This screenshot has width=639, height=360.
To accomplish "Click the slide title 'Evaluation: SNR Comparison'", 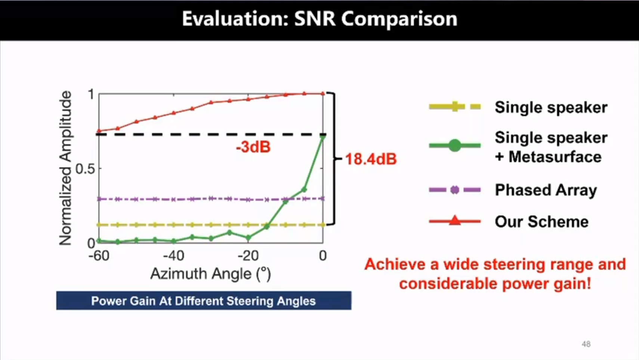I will point(319,19).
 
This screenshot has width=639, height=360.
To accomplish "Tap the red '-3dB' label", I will point(253,147).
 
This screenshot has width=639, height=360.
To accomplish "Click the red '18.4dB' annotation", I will point(370,159).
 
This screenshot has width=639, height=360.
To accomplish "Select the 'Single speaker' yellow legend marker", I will point(455,107).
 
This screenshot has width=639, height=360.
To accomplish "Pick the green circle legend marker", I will point(454,145).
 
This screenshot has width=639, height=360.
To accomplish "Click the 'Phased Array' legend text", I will point(546,190).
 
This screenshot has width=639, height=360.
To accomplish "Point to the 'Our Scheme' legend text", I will point(541,222).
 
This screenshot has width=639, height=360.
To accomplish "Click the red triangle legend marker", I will point(454,220).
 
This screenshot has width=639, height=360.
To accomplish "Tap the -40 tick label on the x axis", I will point(174,256).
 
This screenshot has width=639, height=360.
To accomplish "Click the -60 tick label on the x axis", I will point(99,256).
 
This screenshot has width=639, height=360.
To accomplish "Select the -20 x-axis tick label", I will point(248,256).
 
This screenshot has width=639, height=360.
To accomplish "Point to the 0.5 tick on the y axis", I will point(85,169).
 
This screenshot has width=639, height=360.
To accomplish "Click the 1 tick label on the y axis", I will point(91,94).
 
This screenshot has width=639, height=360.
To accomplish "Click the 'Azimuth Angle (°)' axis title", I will point(210,274).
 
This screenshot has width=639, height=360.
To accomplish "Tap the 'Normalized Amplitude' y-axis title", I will point(65,168).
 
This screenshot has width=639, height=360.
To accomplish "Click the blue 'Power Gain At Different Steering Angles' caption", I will point(204,301).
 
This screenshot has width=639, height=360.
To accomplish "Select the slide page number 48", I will point(586,344).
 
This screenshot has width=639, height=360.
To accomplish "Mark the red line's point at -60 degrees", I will point(99,131).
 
